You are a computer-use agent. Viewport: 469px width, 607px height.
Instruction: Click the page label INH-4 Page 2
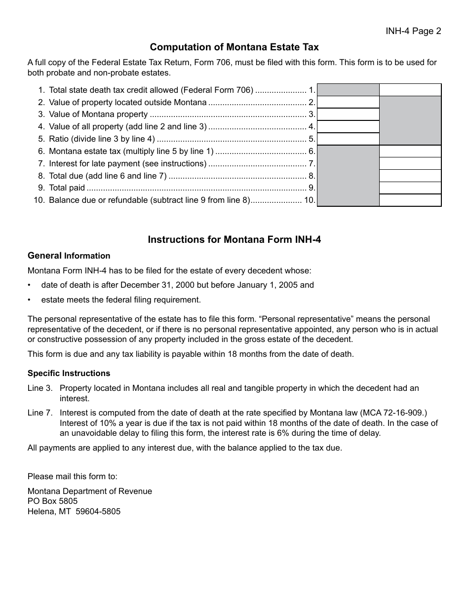(413, 31)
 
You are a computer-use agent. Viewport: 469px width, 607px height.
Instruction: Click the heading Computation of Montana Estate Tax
(234, 47)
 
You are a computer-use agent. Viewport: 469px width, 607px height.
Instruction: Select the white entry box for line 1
(410, 90)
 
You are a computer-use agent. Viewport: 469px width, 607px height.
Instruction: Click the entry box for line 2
(348, 102)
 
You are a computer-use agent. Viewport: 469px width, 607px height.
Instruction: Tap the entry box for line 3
(348, 114)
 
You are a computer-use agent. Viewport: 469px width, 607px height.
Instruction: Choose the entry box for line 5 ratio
(348, 139)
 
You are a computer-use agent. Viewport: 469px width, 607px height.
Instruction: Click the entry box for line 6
(410, 152)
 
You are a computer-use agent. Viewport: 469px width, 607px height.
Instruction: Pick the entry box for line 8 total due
(410, 176)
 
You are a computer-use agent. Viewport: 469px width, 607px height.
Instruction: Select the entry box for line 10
(410, 200)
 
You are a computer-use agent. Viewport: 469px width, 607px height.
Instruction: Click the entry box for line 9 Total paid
(410, 188)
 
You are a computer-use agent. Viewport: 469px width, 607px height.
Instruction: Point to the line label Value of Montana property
(98, 114)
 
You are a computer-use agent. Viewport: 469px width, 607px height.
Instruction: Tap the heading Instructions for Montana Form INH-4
(234, 240)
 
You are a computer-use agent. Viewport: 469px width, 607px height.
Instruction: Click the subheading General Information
(69, 256)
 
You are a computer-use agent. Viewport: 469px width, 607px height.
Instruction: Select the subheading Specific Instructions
(69, 373)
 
